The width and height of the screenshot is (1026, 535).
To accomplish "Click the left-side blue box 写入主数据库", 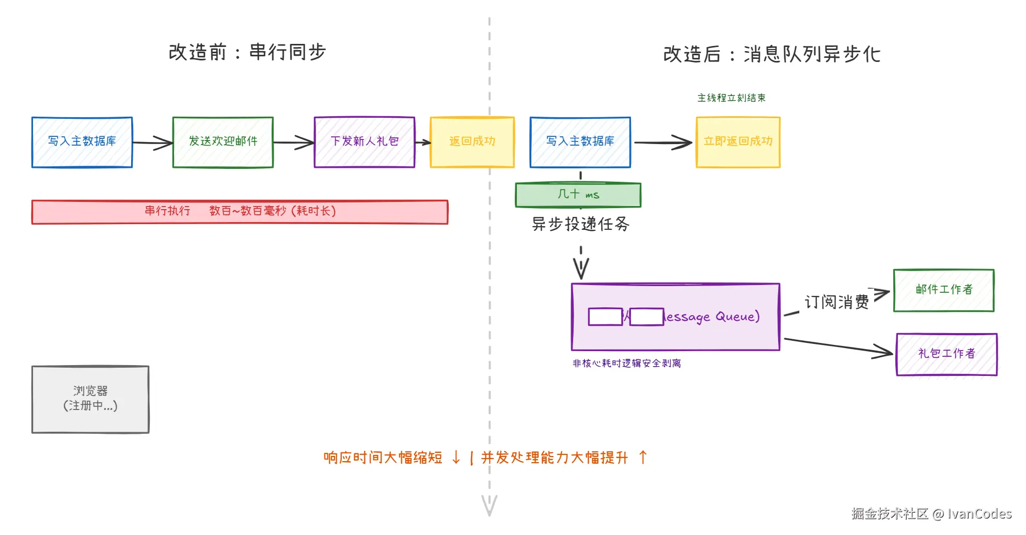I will point(82,142).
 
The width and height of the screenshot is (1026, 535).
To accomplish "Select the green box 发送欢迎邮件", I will point(223,142).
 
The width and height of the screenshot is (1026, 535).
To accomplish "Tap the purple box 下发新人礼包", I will point(364,142).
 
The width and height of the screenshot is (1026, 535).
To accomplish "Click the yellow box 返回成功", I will point(472,142).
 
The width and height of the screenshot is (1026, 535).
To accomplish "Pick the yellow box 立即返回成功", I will point(738,142).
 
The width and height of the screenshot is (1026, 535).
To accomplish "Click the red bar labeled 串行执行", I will point(240,212).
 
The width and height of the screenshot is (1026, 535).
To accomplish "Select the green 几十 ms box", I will point(578,195).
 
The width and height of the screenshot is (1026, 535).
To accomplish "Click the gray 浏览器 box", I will point(90,399).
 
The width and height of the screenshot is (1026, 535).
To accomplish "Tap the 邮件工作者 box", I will point(943,290).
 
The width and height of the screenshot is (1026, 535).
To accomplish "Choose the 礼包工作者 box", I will point(946,354).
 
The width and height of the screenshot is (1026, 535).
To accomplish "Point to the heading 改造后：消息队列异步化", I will point(771,54).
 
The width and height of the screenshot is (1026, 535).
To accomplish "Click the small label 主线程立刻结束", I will point(731,98).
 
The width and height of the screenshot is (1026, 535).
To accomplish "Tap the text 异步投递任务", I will point(580,224).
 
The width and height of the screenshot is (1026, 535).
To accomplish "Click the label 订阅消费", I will point(836,302).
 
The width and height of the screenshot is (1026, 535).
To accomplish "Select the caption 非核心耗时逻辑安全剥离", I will point(626,364).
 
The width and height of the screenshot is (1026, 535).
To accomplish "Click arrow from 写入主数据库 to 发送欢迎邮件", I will point(152,143).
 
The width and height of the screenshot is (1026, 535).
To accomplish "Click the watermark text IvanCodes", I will point(979,514).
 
